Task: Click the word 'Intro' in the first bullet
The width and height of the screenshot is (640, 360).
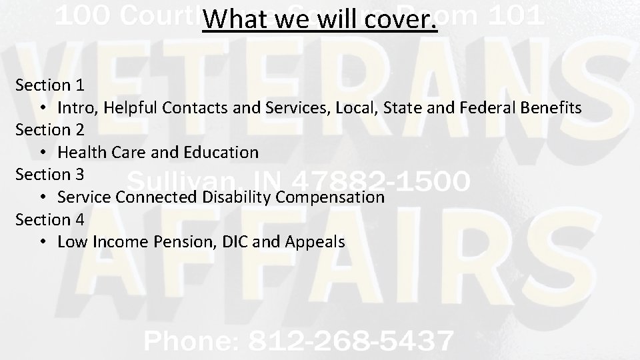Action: tap(75, 107)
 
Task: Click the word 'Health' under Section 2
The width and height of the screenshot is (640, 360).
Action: tap(81, 152)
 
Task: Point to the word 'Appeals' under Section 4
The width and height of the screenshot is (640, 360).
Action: tap(315, 241)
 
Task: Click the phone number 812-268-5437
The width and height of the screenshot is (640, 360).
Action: tap(349, 341)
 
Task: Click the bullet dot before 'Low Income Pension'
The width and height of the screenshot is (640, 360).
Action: tap(42, 241)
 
